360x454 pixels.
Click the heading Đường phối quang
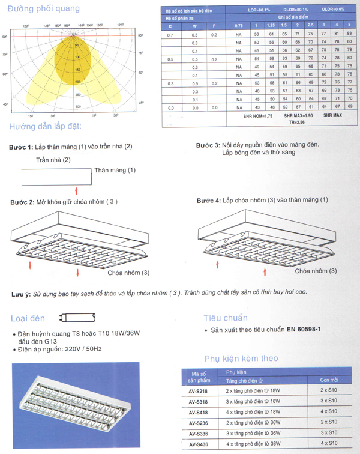[x=46, y=9]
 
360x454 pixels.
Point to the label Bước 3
[x=208, y=145]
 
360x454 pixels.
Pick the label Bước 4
[x=208, y=200]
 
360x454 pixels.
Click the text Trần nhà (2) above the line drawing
[x=53, y=160]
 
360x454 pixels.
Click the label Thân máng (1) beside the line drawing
[x=115, y=171]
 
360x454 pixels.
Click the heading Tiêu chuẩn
[x=226, y=318]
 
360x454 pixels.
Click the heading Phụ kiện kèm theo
[x=241, y=359]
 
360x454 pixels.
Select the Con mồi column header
[x=329, y=380]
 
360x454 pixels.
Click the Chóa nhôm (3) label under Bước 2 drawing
[x=128, y=273]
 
